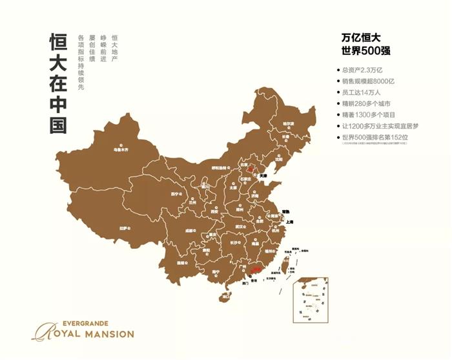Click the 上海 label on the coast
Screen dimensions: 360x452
[289, 222]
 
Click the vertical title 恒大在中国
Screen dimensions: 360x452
[57, 84]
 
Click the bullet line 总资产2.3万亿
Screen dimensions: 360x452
[365, 70]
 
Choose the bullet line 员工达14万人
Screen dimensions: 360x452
[365, 92]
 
